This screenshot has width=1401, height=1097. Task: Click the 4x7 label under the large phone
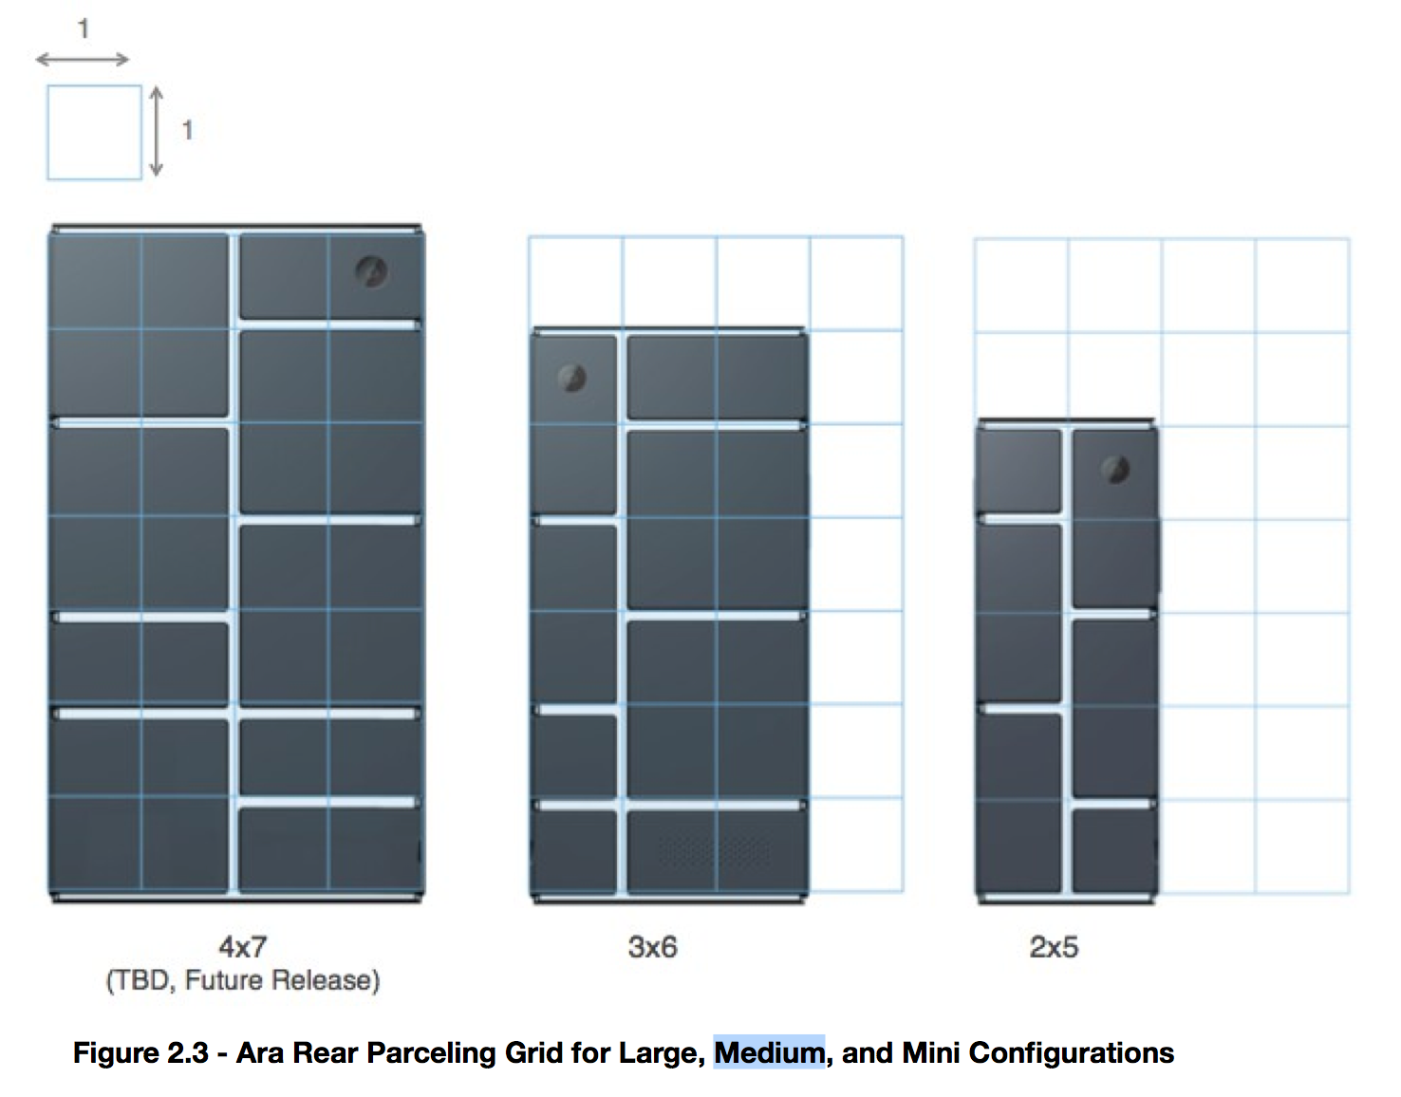point(243,946)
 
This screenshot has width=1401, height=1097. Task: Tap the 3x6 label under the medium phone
point(653,946)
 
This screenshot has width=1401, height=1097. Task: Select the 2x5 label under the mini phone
point(1054,946)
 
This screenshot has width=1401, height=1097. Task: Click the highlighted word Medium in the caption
point(769,1052)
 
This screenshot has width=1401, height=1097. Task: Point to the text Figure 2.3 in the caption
point(140,1052)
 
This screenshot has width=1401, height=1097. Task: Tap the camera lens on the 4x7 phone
point(371,272)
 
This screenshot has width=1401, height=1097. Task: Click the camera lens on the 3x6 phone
point(572,378)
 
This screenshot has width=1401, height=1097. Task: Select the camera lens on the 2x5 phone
point(1115,469)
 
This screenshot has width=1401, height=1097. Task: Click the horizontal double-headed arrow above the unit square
point(83,60)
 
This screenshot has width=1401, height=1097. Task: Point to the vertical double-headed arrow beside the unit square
point(157,131)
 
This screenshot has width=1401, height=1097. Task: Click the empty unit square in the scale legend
point(94,132)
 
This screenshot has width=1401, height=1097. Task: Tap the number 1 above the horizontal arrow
point(84,29)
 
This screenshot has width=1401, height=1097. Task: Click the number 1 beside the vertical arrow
point(187,130)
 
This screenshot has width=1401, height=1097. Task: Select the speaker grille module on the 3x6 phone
point(717,848)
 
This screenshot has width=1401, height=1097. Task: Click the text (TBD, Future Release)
point(243,979)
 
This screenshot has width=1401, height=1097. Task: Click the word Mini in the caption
point(931,1052)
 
